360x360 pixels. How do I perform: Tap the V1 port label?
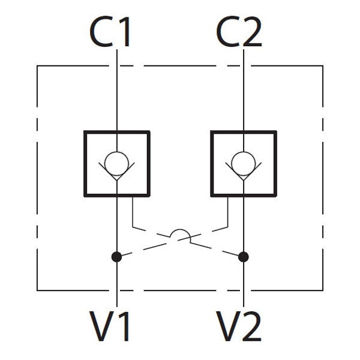pyautogui.click(x=111, y=327)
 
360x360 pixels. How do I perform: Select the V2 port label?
pyautogui.click(x=239, y=327)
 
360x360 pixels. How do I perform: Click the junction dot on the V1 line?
pyautogui.click(x=116, y=257)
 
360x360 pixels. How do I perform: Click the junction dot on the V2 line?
pyautogui.click(x=243, y=257)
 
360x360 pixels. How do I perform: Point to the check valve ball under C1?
pyautogui.click(x=116, y=163)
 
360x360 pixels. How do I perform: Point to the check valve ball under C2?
pyautogui.click(x=243, y=163)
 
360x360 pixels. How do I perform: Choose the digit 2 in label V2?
pyautogui.click(x=251, y=327)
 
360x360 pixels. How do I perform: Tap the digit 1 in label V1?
pyautogui.click(x=124, y=327)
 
